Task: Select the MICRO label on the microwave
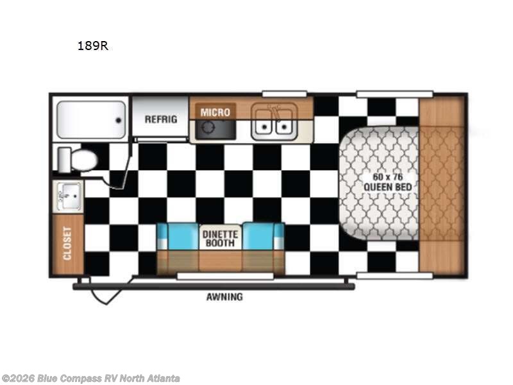click(215, 112)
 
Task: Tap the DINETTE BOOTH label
click(221, 238)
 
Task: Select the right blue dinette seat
click(263, 237)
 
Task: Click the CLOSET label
click(67, 243)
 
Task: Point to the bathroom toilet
click(80, 159)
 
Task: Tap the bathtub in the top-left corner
click(90, 119)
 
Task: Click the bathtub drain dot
click(118, 119)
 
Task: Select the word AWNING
click(224, 297)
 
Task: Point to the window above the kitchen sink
click(283, 94)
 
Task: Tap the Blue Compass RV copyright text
click(90, 379)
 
